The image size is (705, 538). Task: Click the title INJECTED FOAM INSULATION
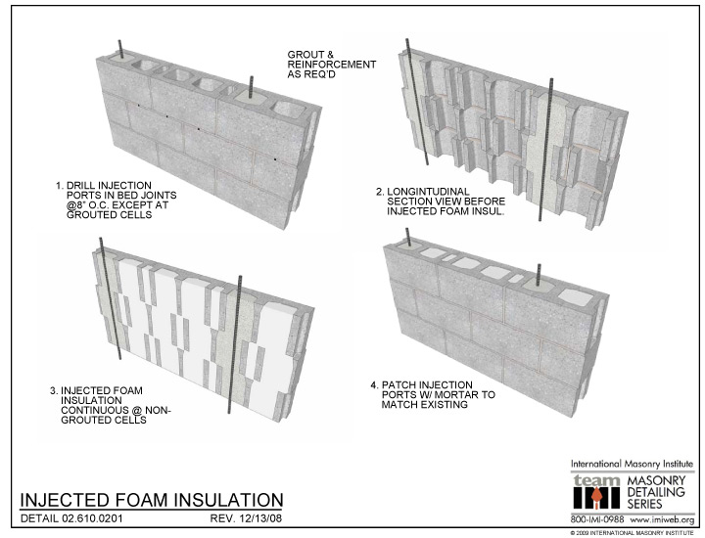[x=152, y=500]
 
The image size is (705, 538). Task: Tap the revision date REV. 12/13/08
[x=246, y=516]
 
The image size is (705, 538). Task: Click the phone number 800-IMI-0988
[x=597, y=517]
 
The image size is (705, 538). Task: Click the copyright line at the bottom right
[x=631, y=531]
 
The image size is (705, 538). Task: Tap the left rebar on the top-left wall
[x=121, y=51]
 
